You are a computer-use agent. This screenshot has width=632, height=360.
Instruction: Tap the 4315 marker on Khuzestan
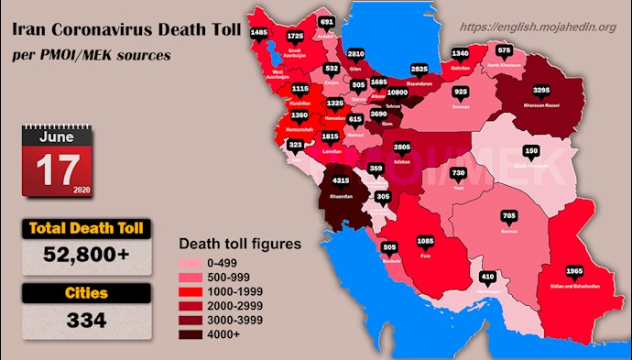341,181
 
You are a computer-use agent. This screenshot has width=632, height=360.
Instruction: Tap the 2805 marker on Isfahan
402,147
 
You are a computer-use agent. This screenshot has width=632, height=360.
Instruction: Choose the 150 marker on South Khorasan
530,150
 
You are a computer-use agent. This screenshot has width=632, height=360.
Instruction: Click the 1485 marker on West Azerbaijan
259,32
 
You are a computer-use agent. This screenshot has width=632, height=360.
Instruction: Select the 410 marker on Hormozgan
488,276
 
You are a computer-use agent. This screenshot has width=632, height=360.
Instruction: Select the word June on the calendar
59,136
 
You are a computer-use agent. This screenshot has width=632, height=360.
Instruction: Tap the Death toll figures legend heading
238,245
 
